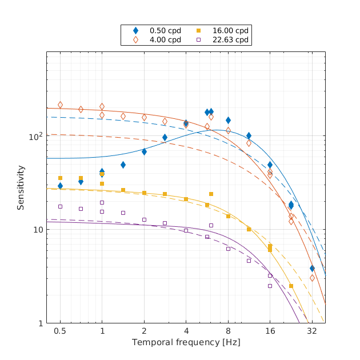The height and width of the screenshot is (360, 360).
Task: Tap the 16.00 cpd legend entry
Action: point(222,30)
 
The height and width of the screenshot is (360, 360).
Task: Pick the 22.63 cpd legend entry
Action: point(222,39)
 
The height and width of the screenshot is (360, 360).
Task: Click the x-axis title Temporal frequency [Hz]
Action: point(186,342)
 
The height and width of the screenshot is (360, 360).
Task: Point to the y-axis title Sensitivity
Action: point(21,187)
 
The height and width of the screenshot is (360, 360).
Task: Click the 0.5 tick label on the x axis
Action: point(60,331)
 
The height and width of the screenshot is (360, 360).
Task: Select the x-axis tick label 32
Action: point(312,331)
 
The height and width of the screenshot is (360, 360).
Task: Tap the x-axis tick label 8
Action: point(228,331)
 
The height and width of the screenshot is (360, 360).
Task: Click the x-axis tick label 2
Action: point(144,331)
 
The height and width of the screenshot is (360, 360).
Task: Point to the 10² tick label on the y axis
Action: point(35,137)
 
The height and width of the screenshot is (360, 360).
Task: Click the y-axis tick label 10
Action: point(37,230)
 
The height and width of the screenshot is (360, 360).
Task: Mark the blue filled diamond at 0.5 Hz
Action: point(60,186)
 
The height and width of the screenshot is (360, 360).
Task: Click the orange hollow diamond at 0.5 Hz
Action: point(60,105)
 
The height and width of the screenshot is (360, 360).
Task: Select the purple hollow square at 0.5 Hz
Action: point(60,206)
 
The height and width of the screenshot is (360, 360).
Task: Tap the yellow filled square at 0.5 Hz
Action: point(60,178)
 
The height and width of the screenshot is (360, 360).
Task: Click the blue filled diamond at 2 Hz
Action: point(144,151)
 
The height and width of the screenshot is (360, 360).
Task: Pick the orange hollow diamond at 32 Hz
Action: point(312,278)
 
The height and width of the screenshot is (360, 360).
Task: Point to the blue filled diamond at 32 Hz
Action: point(312,268)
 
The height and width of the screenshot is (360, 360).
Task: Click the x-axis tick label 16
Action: point(270,331)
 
